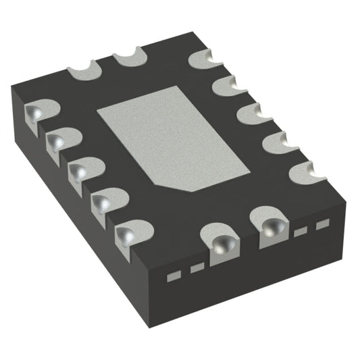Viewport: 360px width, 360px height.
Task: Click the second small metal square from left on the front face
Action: tap(197, 268)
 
